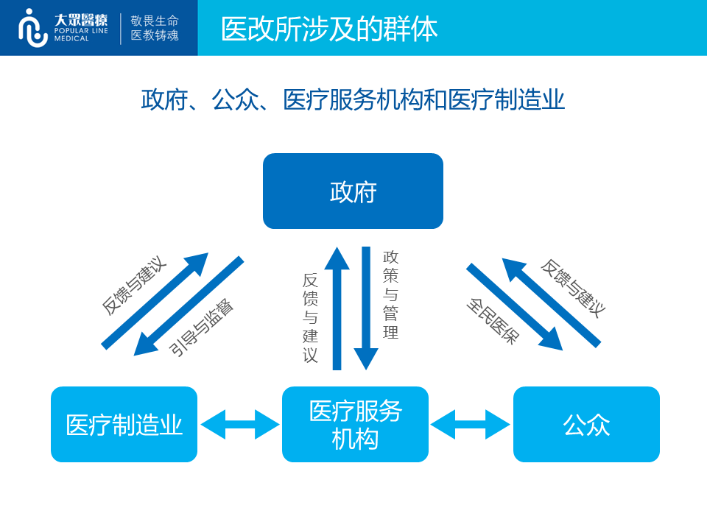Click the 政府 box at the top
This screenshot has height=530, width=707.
pyautogui.click(x=353, y=191)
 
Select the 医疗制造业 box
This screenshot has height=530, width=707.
pyautogui.click(x=124, y=424)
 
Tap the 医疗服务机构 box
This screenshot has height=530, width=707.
pyautogui.click(x=355, y=424)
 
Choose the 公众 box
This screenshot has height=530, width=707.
pyautogui.click(x=587, y=424)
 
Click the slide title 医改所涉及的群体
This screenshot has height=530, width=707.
pyautogui.click(x=329, y=29)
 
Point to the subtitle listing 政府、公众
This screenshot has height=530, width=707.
pyautogui.click(x=353, y=99)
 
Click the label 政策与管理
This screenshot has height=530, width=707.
pyautogui.click(x=390, y=294)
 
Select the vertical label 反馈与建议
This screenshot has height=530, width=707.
pyautogui.click(x=310, y=318)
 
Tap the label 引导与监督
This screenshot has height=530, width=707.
pyautogui.click(x=202, y=328)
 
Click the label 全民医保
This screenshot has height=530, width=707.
pyautogui.click(x=493, y=321)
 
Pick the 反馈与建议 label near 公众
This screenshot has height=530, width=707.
pyautogui.click(x=573, y=289)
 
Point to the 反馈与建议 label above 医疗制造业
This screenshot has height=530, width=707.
pyautogui.click(x=134, y=286)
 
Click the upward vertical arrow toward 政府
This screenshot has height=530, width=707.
pyautogui.click(x=337, y=308)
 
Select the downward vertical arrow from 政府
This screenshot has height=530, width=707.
pyautogui.click(x=366, y=308)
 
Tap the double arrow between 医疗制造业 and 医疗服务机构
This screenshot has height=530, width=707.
pyautogui.click(x=240, y=424)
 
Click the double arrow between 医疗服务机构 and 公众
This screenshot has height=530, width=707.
pyautogui.click(x=471, y=424)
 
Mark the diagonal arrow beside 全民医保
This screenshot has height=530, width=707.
pyautogui.click(x=515, y=307)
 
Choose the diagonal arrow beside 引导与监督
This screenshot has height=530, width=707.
pyautogui.click(x=189, y=306)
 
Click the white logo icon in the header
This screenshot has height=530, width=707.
pyautogui.click(x=32, y=28)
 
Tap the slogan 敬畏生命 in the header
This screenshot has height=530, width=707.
pyautogui.click(x=155, y=21)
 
